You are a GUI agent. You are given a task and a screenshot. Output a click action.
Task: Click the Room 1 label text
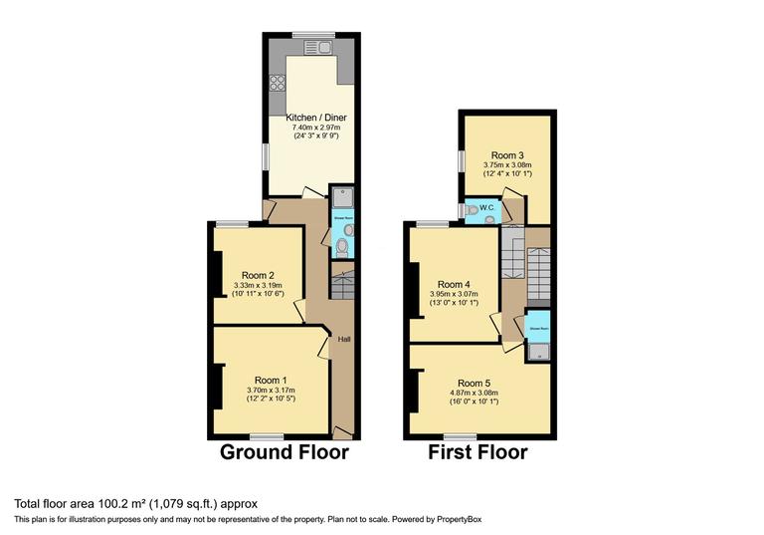click(x=271, y=380)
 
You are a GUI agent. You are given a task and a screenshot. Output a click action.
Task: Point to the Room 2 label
click(x=258, y=276)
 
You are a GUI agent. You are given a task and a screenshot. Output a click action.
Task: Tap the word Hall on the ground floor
click(x=343, y=340)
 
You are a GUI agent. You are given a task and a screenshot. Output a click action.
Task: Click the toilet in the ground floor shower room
click(x=341, y=244)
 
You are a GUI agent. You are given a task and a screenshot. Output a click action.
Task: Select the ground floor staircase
click(x=341, y=287)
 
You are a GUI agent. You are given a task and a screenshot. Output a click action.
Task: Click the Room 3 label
click(x=506, y=155)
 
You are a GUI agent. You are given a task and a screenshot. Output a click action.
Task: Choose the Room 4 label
click(x=454, y=283)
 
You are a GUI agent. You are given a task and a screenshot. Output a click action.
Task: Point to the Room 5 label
click(x=474, y=383)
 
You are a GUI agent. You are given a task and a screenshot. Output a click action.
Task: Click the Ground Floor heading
click(x=285, y=453)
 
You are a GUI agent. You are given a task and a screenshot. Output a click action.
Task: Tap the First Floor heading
click(x=478, y=453)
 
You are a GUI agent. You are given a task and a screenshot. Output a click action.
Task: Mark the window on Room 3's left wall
click(x=462, y=160)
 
